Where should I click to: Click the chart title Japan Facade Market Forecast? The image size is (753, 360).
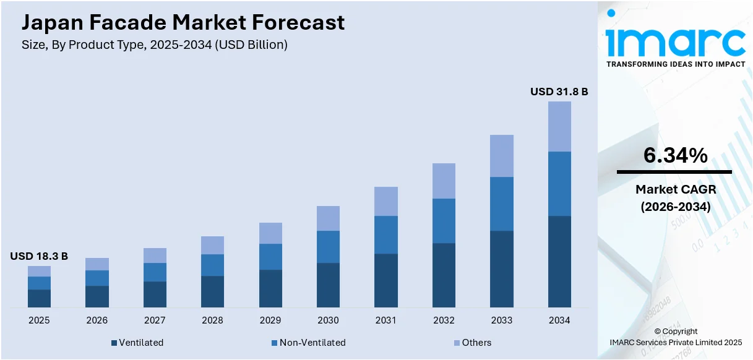[x=183, y=23]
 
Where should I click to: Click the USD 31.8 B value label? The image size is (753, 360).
[x=559, y=92]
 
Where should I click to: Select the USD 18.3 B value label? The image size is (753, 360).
[x=39, y=256]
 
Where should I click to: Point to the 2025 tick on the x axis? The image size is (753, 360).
[x=39, y=320]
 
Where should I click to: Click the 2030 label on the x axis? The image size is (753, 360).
[x=328, y=320]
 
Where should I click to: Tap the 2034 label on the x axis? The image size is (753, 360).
[x=559, y=320]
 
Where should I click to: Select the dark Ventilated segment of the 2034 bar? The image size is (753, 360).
[x=559, y=261]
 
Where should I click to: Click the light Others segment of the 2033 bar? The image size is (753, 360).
[x=502, y=156]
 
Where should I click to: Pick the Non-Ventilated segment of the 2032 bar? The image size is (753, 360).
[x=444, y=221]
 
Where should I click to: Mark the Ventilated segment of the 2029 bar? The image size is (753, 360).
[x=270, y=288]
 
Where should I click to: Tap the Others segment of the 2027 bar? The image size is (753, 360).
[x=155, y=255]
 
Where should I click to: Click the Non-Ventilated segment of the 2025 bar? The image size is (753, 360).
[x=39, y=283]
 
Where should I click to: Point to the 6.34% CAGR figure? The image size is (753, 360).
[x=675, y=156]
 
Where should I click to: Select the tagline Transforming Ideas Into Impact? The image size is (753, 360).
[x=675, y=64]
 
